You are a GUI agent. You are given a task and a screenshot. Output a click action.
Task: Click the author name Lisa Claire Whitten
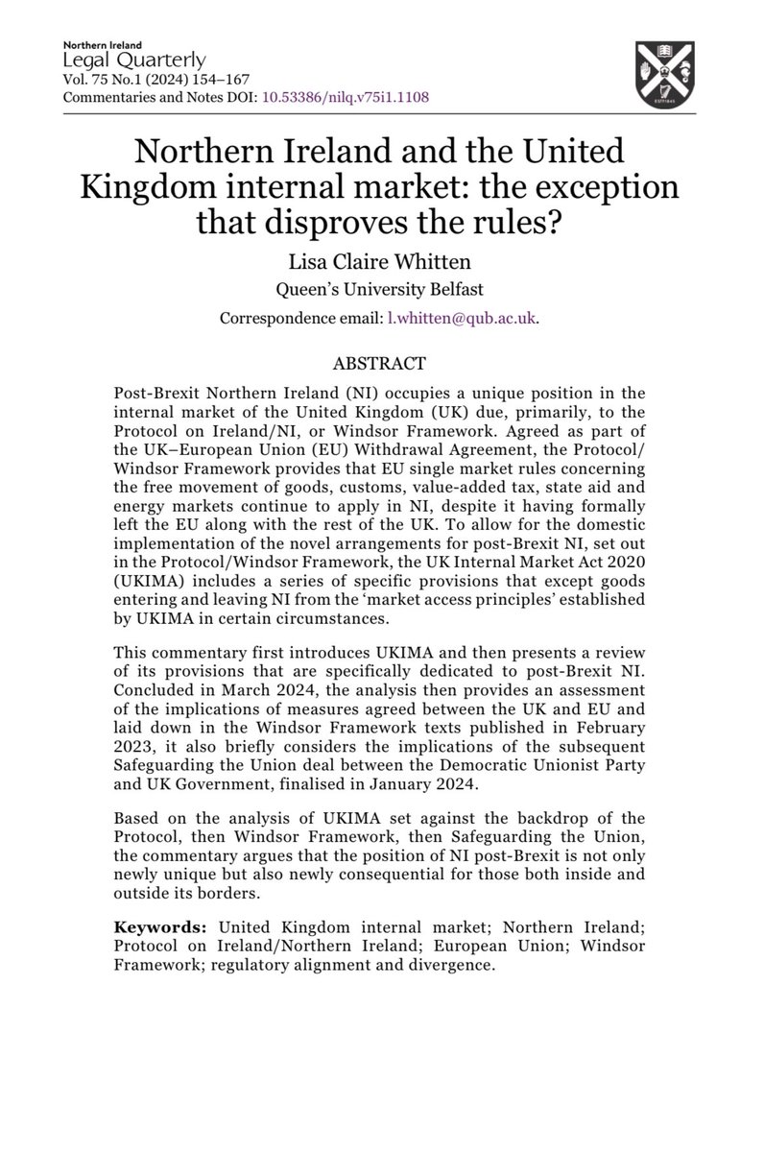[x=381, y=254]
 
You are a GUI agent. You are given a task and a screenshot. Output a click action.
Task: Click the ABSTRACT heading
[x=381, y=366]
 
